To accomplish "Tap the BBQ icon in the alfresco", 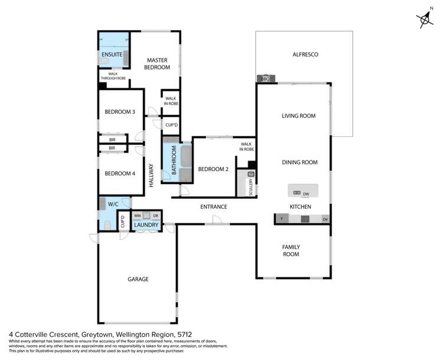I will point(265,78).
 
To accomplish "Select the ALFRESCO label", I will point(306,54).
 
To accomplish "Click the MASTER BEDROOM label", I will point(158,64).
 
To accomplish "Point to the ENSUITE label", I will point(112,54).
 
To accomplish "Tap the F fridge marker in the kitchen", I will point(281,219).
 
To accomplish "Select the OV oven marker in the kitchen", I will point(325,219).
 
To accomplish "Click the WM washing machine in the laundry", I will point(137,216).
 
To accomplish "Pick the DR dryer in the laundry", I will point(155,216).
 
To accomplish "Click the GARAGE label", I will point(137,279).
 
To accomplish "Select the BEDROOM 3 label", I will point(120,112).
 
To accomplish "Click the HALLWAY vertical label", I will point(152,175).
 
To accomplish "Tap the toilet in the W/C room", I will point(107,225).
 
